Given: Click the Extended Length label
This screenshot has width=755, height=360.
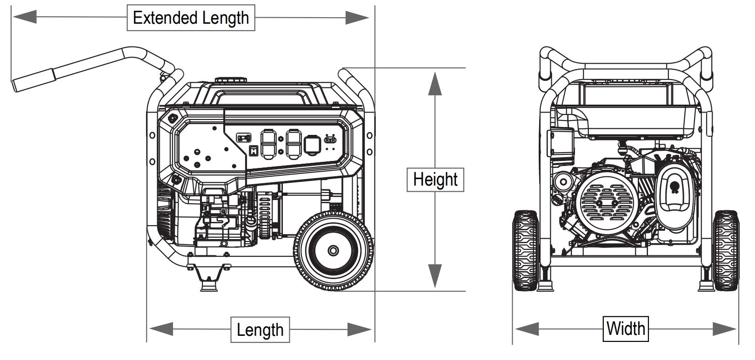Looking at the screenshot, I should (191, 18).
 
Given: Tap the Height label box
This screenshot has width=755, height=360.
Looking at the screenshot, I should (435, 179).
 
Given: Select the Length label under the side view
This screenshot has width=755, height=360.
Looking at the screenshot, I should (260, 330).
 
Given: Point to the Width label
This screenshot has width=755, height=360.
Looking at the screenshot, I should (626, 328).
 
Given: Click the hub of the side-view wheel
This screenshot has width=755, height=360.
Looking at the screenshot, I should (334, 251).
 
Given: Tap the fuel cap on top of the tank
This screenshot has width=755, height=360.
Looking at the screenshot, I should (231, 80).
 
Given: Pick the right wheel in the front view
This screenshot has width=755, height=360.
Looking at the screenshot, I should (726, 250).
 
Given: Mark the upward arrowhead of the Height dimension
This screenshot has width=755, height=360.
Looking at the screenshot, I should (435, 84).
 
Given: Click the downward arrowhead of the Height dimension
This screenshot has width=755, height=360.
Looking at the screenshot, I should (435, 275).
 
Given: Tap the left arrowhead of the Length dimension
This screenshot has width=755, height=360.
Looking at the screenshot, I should (161, 329).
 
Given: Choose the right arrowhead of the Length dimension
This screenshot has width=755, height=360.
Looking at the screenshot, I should (359, 329).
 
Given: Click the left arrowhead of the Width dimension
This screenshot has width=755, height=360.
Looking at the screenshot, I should (526, 329).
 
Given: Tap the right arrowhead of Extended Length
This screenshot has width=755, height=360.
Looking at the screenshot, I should (357, 18).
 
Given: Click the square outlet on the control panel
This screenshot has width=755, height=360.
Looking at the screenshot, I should (311, 144).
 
